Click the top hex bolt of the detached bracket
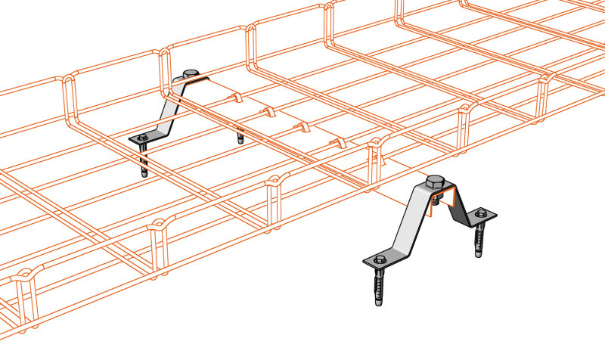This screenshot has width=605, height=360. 434,181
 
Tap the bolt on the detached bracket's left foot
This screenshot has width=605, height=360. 379,261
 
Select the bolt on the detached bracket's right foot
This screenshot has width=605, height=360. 482,215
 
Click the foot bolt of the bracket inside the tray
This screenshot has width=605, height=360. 141,138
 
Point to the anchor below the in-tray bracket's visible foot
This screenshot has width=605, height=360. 144,160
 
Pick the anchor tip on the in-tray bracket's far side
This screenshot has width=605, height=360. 240,138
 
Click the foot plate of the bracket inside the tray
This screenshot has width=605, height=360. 148,137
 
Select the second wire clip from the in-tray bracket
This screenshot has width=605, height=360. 267,112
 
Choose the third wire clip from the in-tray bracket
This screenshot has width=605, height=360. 302,126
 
